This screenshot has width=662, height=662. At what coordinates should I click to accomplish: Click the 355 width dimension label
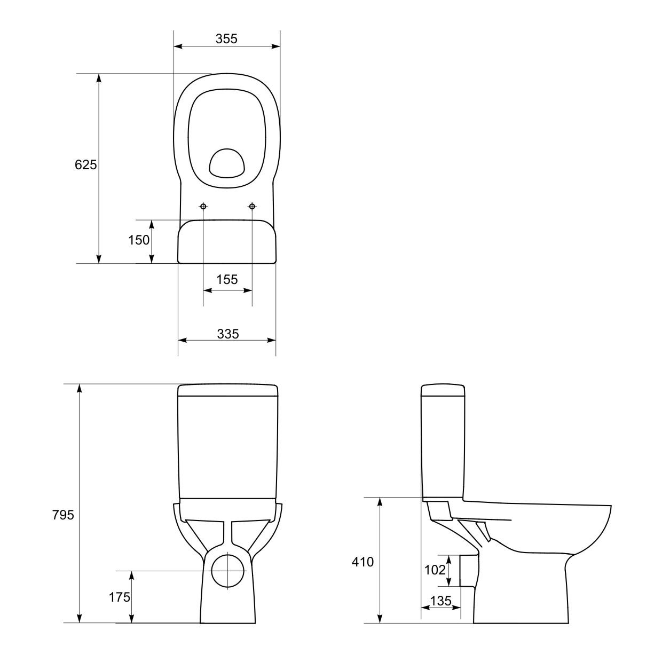point(226,39)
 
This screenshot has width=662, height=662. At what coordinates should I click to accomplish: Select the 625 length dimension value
point(85,165)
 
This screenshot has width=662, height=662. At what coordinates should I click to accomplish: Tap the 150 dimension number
point(139,240)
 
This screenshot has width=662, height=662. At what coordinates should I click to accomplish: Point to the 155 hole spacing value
point(227,279)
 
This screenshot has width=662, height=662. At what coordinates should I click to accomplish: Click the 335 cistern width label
point(228,334)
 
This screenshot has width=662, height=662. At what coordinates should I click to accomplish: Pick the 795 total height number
point(63,515)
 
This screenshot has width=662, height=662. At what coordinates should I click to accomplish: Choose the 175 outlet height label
point(120,597)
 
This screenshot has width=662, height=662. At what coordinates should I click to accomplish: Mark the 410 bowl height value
point(363,562)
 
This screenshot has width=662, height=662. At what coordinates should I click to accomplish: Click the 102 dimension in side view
point(435,570)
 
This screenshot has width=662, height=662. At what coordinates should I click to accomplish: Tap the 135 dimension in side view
point(440,601)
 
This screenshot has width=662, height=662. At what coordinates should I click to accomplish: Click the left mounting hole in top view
point(203,206)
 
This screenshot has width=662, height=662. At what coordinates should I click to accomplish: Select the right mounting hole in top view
point(252,206)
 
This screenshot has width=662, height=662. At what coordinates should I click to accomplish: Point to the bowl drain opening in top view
point(226,163)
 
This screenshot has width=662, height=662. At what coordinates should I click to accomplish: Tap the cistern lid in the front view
point(227,390)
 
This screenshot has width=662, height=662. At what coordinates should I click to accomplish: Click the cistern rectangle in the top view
point(227,242)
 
